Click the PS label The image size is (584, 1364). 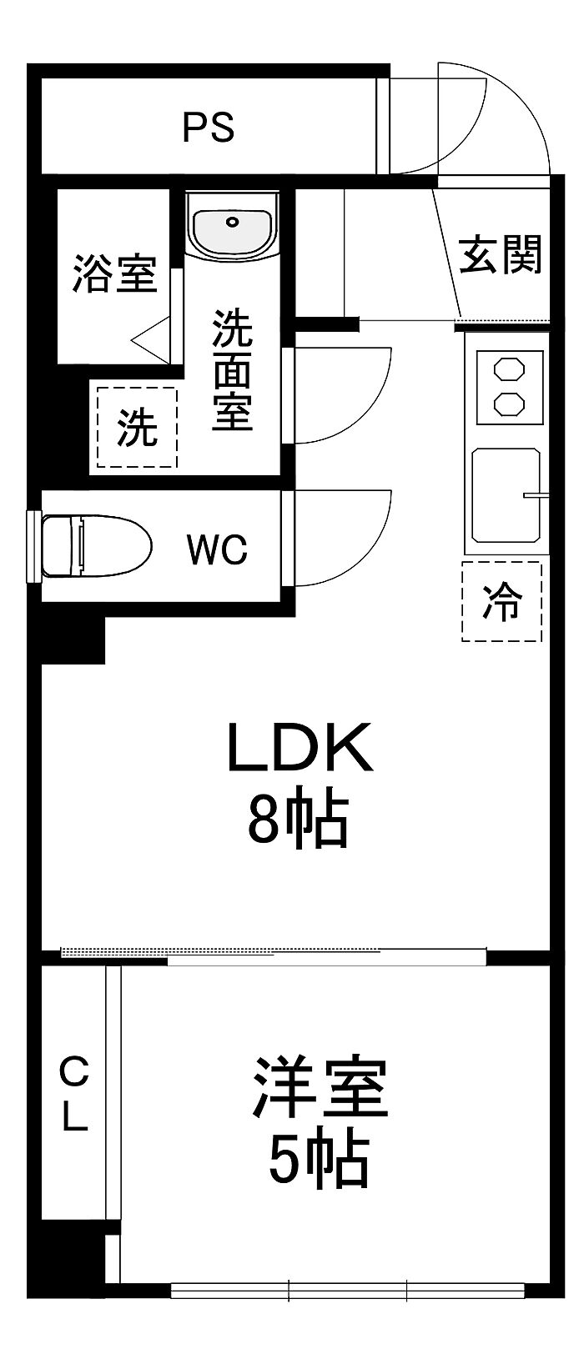pyautogui.click(x=209, y=128)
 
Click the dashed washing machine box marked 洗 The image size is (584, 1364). pyautogui.click(x=137, y=428)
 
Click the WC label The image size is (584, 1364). pyautogui.click(x=217, y=549)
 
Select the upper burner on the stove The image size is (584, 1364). pyautogui.click(x=508, y=369)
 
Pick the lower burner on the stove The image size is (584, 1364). pyautogui.click(x=508, y=404)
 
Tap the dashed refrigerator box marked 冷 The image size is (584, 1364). pyautogui.click(x=501, y=601)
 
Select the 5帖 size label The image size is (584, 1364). pyautogui.click(x=319, y=1159)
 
